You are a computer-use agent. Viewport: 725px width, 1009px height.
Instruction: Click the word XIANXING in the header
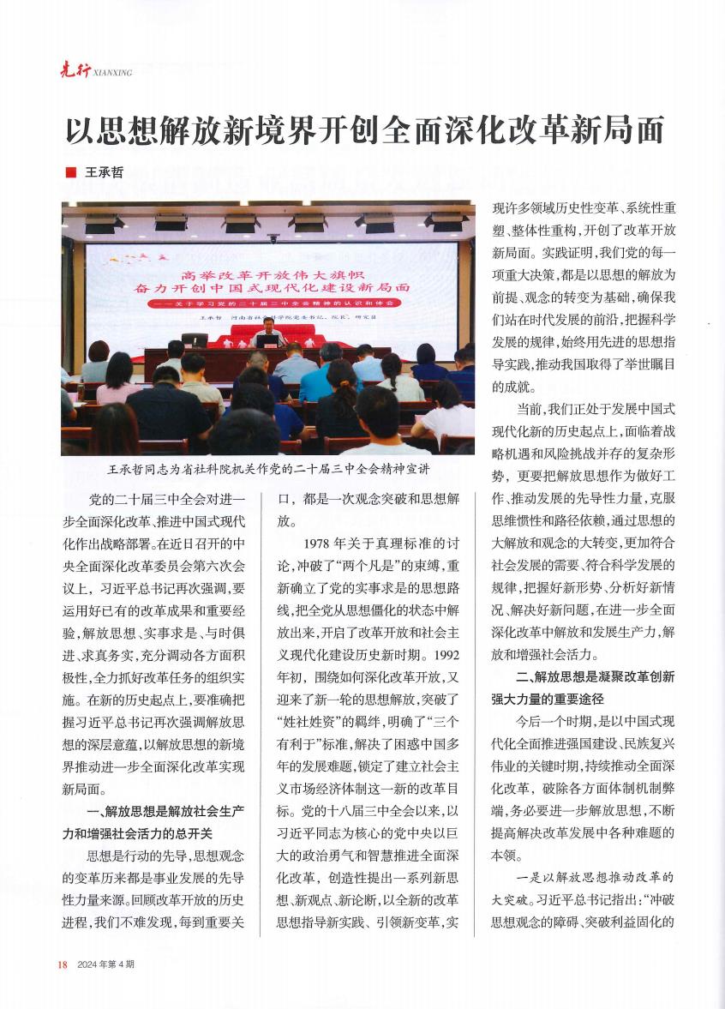(111, 74)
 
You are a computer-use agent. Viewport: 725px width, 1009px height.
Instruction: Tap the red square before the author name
(70, 171)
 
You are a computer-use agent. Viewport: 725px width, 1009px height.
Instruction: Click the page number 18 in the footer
(62, 964)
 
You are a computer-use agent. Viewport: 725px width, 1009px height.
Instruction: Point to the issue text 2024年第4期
(105, 964)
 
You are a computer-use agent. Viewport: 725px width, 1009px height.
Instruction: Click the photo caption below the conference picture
(267, 471)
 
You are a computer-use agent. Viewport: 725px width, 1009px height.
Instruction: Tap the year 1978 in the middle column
(321, 543)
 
